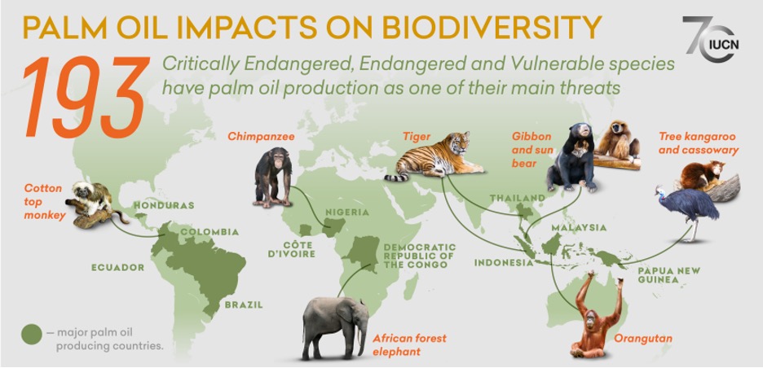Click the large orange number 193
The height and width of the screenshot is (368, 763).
(x=85, y=96)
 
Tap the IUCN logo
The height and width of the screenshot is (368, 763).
(x=711, y=40)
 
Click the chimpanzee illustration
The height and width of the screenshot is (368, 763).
(x=273, y=177)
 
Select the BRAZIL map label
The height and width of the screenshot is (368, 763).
(x=243, y=304)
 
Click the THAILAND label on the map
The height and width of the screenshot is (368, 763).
(x=517, y=198)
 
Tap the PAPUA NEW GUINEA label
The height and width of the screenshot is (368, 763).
(x=669, y=275)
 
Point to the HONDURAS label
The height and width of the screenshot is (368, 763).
(x=164, y=205)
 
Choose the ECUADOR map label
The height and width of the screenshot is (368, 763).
(x=117, y=267)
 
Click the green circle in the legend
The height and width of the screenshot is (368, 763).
(x=32, y=335)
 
